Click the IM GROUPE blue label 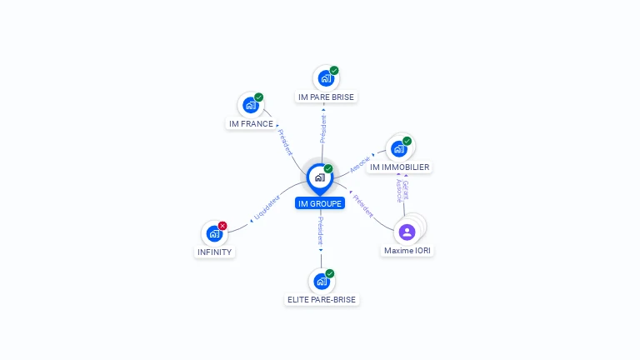tap(319, 203)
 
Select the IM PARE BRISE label tap(326, 97)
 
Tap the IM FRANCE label tap(251, 124)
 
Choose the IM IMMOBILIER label tap(399, 167)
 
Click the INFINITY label tap(214, 252)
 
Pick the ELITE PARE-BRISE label tap(322, 299)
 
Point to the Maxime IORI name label tap(408, 250)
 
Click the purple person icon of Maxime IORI tap(407, 232)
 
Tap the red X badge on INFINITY tap(222, 226)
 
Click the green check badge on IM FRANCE tap(259, 97)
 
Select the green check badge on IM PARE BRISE tap(334, 71)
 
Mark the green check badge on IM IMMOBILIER tap(407, 141)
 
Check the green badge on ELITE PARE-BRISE tap(330, 273)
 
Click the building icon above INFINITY tap(214, 234)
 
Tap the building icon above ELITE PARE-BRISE tap(321, 281)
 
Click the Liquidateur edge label tap(267, 208)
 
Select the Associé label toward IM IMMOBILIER tap(359, 163)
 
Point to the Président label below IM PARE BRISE tap(323, 128)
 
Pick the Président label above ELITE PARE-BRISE tap(321, 230)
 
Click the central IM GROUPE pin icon tap(319, 177)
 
